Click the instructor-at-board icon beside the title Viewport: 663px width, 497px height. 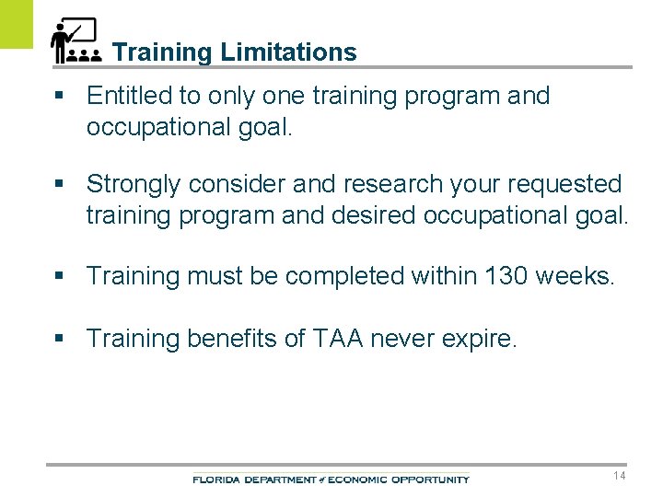coord(76,41)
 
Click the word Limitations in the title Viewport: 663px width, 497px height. coord(288,52)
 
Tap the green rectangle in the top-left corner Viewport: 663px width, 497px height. coord(16,24)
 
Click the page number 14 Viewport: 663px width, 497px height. coord(618,475)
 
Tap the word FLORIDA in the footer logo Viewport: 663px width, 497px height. coord(214,480)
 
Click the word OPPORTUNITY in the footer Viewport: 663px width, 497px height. coord(430,480)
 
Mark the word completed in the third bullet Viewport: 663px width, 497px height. coord(345,276)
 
